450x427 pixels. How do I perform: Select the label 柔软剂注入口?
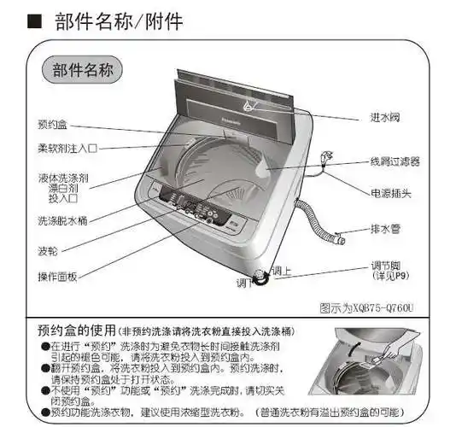[66, 148]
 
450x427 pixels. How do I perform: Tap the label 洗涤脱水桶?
[61, 220]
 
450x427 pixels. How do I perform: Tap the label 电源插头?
[390, 194]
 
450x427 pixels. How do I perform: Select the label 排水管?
[386, 229]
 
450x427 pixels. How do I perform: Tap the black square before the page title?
[35, 20]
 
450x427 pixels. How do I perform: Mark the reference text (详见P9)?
[386, 278]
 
